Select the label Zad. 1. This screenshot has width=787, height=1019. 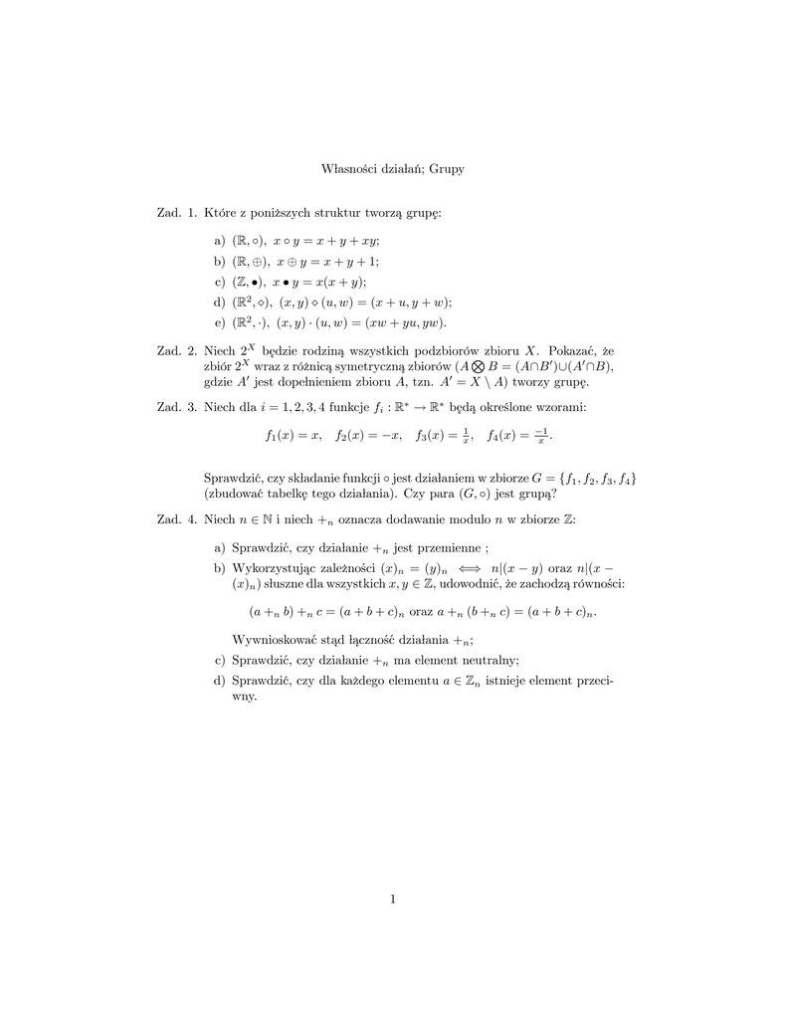(x=177, y=213)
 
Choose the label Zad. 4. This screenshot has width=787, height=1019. (x=177, y=519)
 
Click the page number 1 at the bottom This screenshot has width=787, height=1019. (x=394, y=901)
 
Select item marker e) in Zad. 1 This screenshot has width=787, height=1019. (x=220, y=322)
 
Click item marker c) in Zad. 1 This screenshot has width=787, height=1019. (x=220, y=282)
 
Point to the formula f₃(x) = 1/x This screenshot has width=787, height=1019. (x=443, y=435)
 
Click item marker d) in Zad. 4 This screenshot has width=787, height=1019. (x=220, y=680)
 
